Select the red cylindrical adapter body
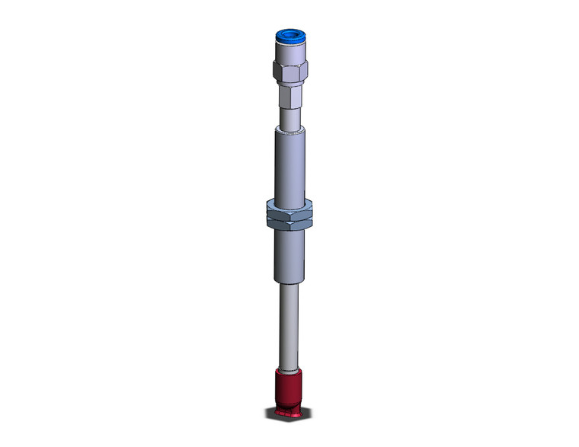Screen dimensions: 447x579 pyautogui.click(x=287, y=388)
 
